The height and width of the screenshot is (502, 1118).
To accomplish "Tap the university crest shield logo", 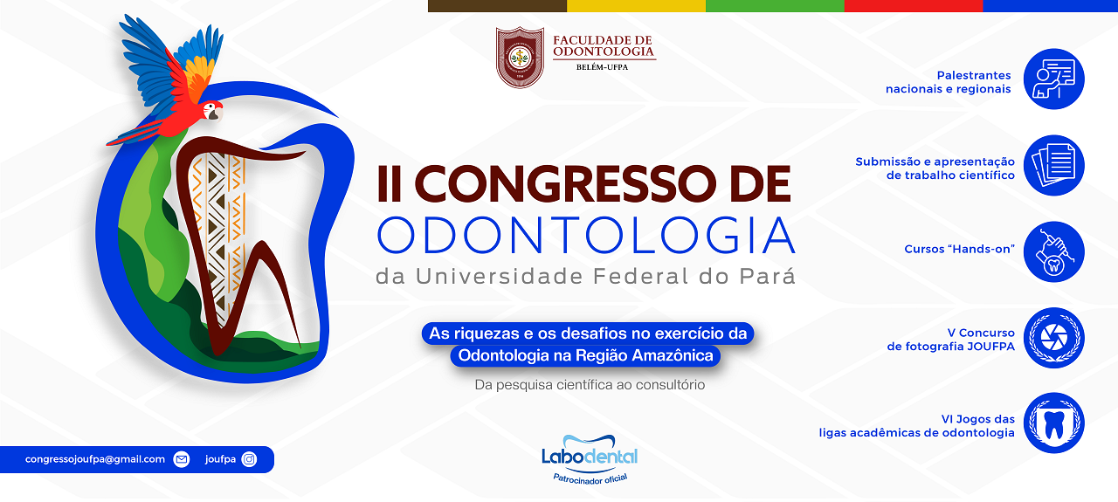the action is [520, 58].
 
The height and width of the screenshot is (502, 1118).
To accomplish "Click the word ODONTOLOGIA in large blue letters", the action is [586, 235].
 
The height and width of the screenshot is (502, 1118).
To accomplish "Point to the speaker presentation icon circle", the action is [1053, 79].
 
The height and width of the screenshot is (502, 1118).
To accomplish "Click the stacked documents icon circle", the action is [1053, 165].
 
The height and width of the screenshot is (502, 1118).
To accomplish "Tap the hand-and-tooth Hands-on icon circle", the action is [1053, 251].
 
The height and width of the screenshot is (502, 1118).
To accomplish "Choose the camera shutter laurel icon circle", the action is [1053, 338].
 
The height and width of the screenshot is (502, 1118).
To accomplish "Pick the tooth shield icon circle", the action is [1053, 423].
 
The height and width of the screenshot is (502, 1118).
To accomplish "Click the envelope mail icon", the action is [182, 459].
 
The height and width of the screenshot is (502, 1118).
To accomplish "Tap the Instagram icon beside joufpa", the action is [249, 459].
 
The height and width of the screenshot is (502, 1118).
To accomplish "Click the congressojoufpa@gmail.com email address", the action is [95, 459].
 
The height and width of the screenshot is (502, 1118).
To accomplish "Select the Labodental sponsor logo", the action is [590, 450].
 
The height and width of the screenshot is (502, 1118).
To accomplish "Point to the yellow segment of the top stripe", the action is [636, 5].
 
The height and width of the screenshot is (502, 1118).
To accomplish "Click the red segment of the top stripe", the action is [914, 5].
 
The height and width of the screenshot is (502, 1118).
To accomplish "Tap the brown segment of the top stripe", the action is [497, 5].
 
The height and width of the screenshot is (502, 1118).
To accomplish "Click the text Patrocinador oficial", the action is [590, 478].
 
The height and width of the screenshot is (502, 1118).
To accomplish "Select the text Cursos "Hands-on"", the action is [959, 249].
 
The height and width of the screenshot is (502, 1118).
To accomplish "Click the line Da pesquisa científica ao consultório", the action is [590, 385].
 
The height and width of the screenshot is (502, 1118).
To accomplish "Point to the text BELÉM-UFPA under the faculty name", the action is [602, 67].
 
